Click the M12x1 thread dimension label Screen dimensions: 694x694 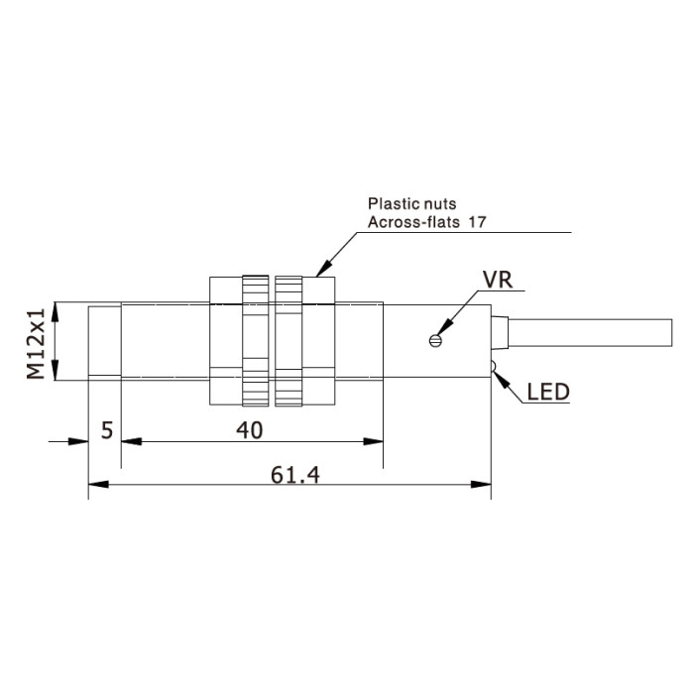coord(36,344)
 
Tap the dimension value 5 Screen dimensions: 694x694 coord(107,430)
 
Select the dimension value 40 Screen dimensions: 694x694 coord(250,430)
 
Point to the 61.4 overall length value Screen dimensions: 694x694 coord(294,475)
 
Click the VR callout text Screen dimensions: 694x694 coord(498,280)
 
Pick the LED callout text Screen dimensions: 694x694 coord(548,393)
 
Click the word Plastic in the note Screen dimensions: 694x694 coord(387,203)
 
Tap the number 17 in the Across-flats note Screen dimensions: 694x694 coord(478,222)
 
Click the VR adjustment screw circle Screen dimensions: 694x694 coord(435,340)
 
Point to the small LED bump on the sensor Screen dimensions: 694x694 coord(494,366)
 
